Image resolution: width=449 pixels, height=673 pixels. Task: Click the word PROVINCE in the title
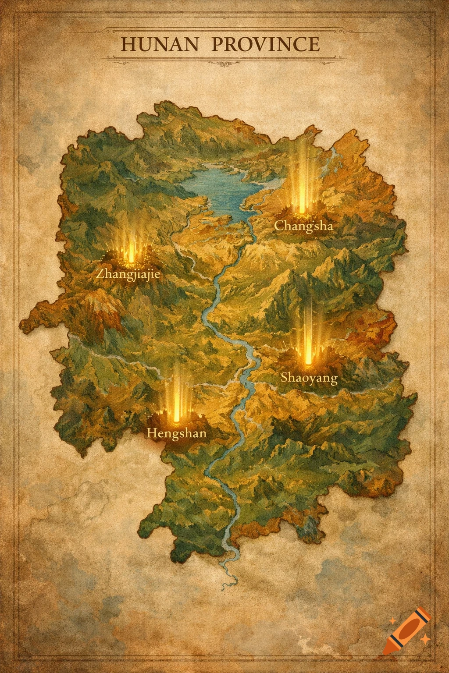[x=266, y=45]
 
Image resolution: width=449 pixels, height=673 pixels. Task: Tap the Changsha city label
[x=303, y=226]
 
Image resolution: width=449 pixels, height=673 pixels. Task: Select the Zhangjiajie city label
[x=128, y=275]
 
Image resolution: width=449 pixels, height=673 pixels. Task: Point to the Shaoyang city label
[x=309, y=377]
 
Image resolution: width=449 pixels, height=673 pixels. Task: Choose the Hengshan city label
[x=176, y=433]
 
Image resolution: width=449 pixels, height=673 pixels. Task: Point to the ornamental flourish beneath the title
[x=224, y=64]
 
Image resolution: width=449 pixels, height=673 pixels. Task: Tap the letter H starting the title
[x=128, y=45]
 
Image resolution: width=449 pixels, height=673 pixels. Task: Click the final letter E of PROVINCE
[x=313, y=45]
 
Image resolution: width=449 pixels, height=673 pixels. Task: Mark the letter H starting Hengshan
[x=151, y=433]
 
